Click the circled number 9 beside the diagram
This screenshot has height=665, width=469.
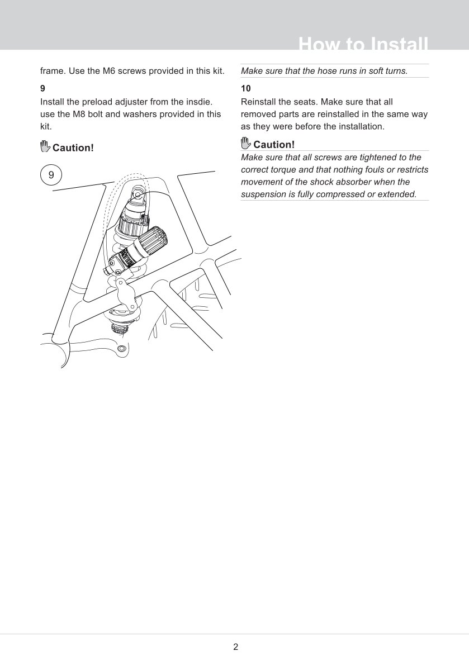coord(51,175)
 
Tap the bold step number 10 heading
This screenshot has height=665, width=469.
coord(246,88)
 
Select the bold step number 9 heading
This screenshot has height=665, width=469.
coord(43,88)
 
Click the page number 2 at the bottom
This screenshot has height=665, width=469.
coord(235,647)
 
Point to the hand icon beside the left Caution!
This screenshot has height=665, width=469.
coord(45,147)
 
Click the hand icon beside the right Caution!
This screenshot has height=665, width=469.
coord(246,143)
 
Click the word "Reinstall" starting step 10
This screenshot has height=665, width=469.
coord(259,102)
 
